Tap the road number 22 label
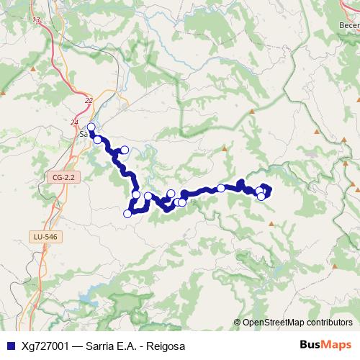coord(89,101)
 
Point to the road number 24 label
coord(74,123)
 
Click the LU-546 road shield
coord(45,235)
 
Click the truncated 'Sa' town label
coord(83,133)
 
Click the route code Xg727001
coord(45,346)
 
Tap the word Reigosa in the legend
coord(166,346)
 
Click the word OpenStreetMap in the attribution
coord(275,323)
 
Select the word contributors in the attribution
coord(330,323)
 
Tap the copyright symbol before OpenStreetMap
coord(237,323)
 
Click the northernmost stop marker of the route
coord(91,127)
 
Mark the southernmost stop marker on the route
coord(127,213)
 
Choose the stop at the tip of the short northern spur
coord(125,150)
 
